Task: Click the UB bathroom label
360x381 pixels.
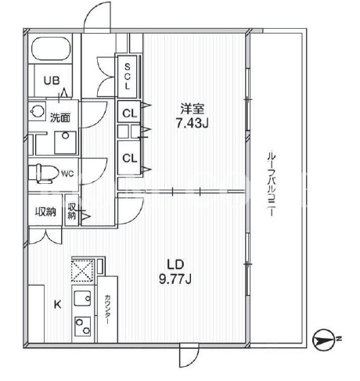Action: [x=52, y=81]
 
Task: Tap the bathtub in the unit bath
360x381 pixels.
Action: [x=51, y=49]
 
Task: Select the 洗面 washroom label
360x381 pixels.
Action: [x=60, y=117]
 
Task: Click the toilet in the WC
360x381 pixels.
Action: [x=44, y=173]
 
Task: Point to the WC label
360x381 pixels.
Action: [x=67, y=174]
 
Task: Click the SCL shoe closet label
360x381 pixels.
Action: [x=128, y=77]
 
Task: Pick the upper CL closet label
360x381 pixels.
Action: [x=130, y=113]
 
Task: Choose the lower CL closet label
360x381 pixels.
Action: [x=130, y=158]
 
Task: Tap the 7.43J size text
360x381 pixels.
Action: [x=193, y=124]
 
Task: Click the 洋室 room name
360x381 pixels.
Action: [x=193, y=109]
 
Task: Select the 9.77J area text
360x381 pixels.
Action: [x=175, y=279]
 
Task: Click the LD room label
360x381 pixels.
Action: [x=175, y=264]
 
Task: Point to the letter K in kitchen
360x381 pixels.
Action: [x=58, y=304]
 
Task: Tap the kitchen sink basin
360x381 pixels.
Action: [x=82, y=298]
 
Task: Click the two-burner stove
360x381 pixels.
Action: [x=83, y=326]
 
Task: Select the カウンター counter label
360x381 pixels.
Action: [x=107, y=310]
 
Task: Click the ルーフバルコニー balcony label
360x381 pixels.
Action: [x=271, y=184]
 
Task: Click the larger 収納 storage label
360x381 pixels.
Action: [x=46, y=212]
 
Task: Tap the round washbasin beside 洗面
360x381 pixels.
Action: [x=36, y=111]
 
